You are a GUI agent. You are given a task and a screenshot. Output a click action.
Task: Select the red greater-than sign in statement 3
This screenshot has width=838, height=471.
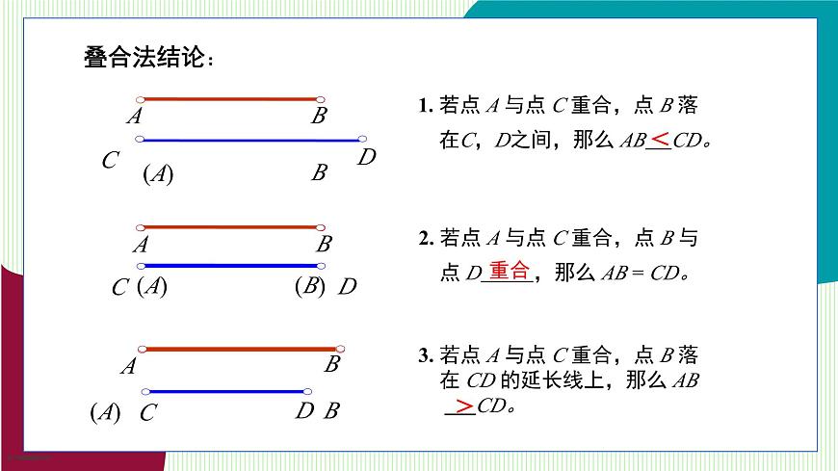[464, 406]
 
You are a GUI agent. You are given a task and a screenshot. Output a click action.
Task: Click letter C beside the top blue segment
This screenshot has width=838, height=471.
[110, 161]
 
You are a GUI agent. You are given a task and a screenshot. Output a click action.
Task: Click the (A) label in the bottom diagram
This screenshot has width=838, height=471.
[105, 413]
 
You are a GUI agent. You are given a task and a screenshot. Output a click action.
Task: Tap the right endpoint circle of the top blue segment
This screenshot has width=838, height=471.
[362, 140]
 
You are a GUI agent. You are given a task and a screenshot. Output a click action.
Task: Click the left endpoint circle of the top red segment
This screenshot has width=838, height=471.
[141, 99]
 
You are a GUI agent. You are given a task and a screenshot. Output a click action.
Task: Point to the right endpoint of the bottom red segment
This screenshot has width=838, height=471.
[335, 349]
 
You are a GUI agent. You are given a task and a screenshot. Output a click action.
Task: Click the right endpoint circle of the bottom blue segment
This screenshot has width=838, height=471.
[306, 392]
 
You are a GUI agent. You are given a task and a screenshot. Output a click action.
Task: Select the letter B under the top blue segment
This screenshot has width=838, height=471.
[319, 173]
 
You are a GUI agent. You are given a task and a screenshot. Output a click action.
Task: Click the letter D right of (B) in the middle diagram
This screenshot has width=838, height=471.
[348, 287]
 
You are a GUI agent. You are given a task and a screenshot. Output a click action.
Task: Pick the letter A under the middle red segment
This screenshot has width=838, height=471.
[142, 246]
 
